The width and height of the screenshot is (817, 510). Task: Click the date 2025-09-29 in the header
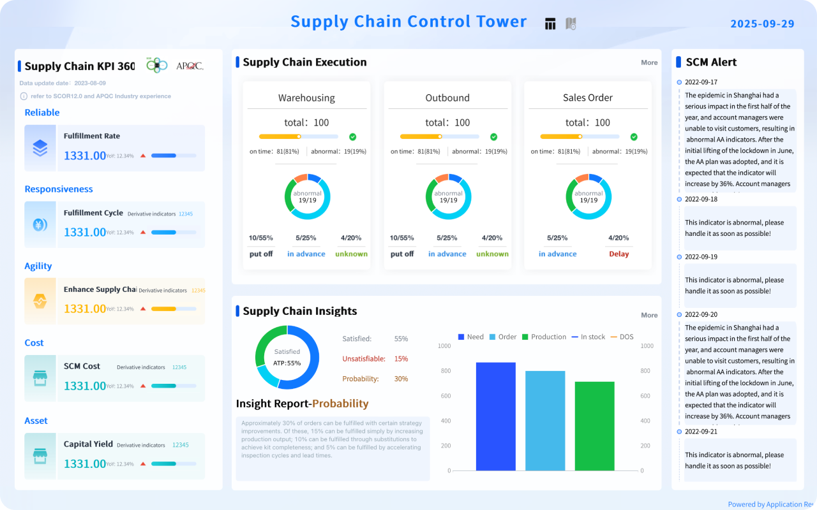click(762, 24)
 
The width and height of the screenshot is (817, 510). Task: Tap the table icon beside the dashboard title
click(550, 24)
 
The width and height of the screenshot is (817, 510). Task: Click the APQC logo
click(190, 66)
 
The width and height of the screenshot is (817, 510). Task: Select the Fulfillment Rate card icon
click(40, 148)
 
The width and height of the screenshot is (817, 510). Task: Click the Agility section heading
click(38, 266)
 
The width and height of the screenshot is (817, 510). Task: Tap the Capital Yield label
click(88, 444)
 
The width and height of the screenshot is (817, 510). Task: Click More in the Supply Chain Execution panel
click(649, 62)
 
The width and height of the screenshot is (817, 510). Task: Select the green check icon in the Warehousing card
click(353, 137)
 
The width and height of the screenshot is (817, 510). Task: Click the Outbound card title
click(447, 98)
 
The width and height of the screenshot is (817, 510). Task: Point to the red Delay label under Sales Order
click(618, 254)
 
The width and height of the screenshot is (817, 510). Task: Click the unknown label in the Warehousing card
click(351, 254)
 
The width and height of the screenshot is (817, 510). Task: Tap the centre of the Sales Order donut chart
click(588, 196)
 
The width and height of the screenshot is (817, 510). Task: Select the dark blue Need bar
click(495, 416)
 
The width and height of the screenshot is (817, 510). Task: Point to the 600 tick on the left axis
click(444, 396)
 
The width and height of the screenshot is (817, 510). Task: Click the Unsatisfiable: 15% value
click(401, 359)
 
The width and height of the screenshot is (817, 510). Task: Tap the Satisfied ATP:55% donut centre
click(287, 357)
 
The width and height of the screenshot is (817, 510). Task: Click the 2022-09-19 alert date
click(701, 257)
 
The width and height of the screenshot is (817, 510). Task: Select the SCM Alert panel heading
click(711, 62)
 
